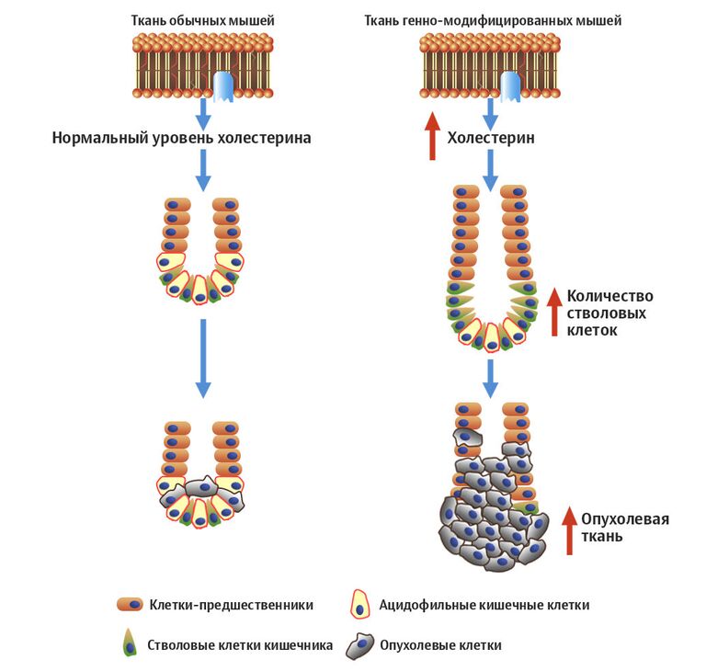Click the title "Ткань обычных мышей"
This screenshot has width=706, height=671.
202,19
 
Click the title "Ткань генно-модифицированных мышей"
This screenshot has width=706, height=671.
493,19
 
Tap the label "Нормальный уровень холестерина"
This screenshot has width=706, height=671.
181,139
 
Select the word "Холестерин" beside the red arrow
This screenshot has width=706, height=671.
491,139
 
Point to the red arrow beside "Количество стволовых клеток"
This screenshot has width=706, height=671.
553,312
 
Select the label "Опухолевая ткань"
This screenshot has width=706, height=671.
626,528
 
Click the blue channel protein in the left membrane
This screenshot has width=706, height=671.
223,86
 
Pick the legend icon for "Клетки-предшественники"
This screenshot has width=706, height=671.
131,605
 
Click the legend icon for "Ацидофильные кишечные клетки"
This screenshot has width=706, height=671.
361,605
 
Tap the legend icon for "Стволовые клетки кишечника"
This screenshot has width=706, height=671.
130,644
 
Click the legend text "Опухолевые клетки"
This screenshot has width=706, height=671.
440,645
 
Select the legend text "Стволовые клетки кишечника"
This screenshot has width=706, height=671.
240,645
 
